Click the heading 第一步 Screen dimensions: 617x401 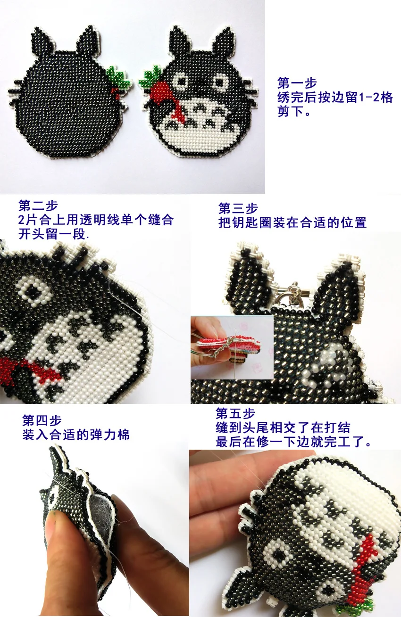[x=297, y=83]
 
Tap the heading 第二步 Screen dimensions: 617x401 [x=38, y=206]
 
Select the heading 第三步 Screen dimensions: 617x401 [x=238, y=208]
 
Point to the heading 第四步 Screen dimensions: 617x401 [x=42, y=420]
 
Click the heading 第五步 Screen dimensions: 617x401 [x=235, y=414]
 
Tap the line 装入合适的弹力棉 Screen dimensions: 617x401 [x=75, y=435]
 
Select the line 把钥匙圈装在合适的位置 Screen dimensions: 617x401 [x=292, y=222]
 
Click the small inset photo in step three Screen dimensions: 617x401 [x=232, y=347]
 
